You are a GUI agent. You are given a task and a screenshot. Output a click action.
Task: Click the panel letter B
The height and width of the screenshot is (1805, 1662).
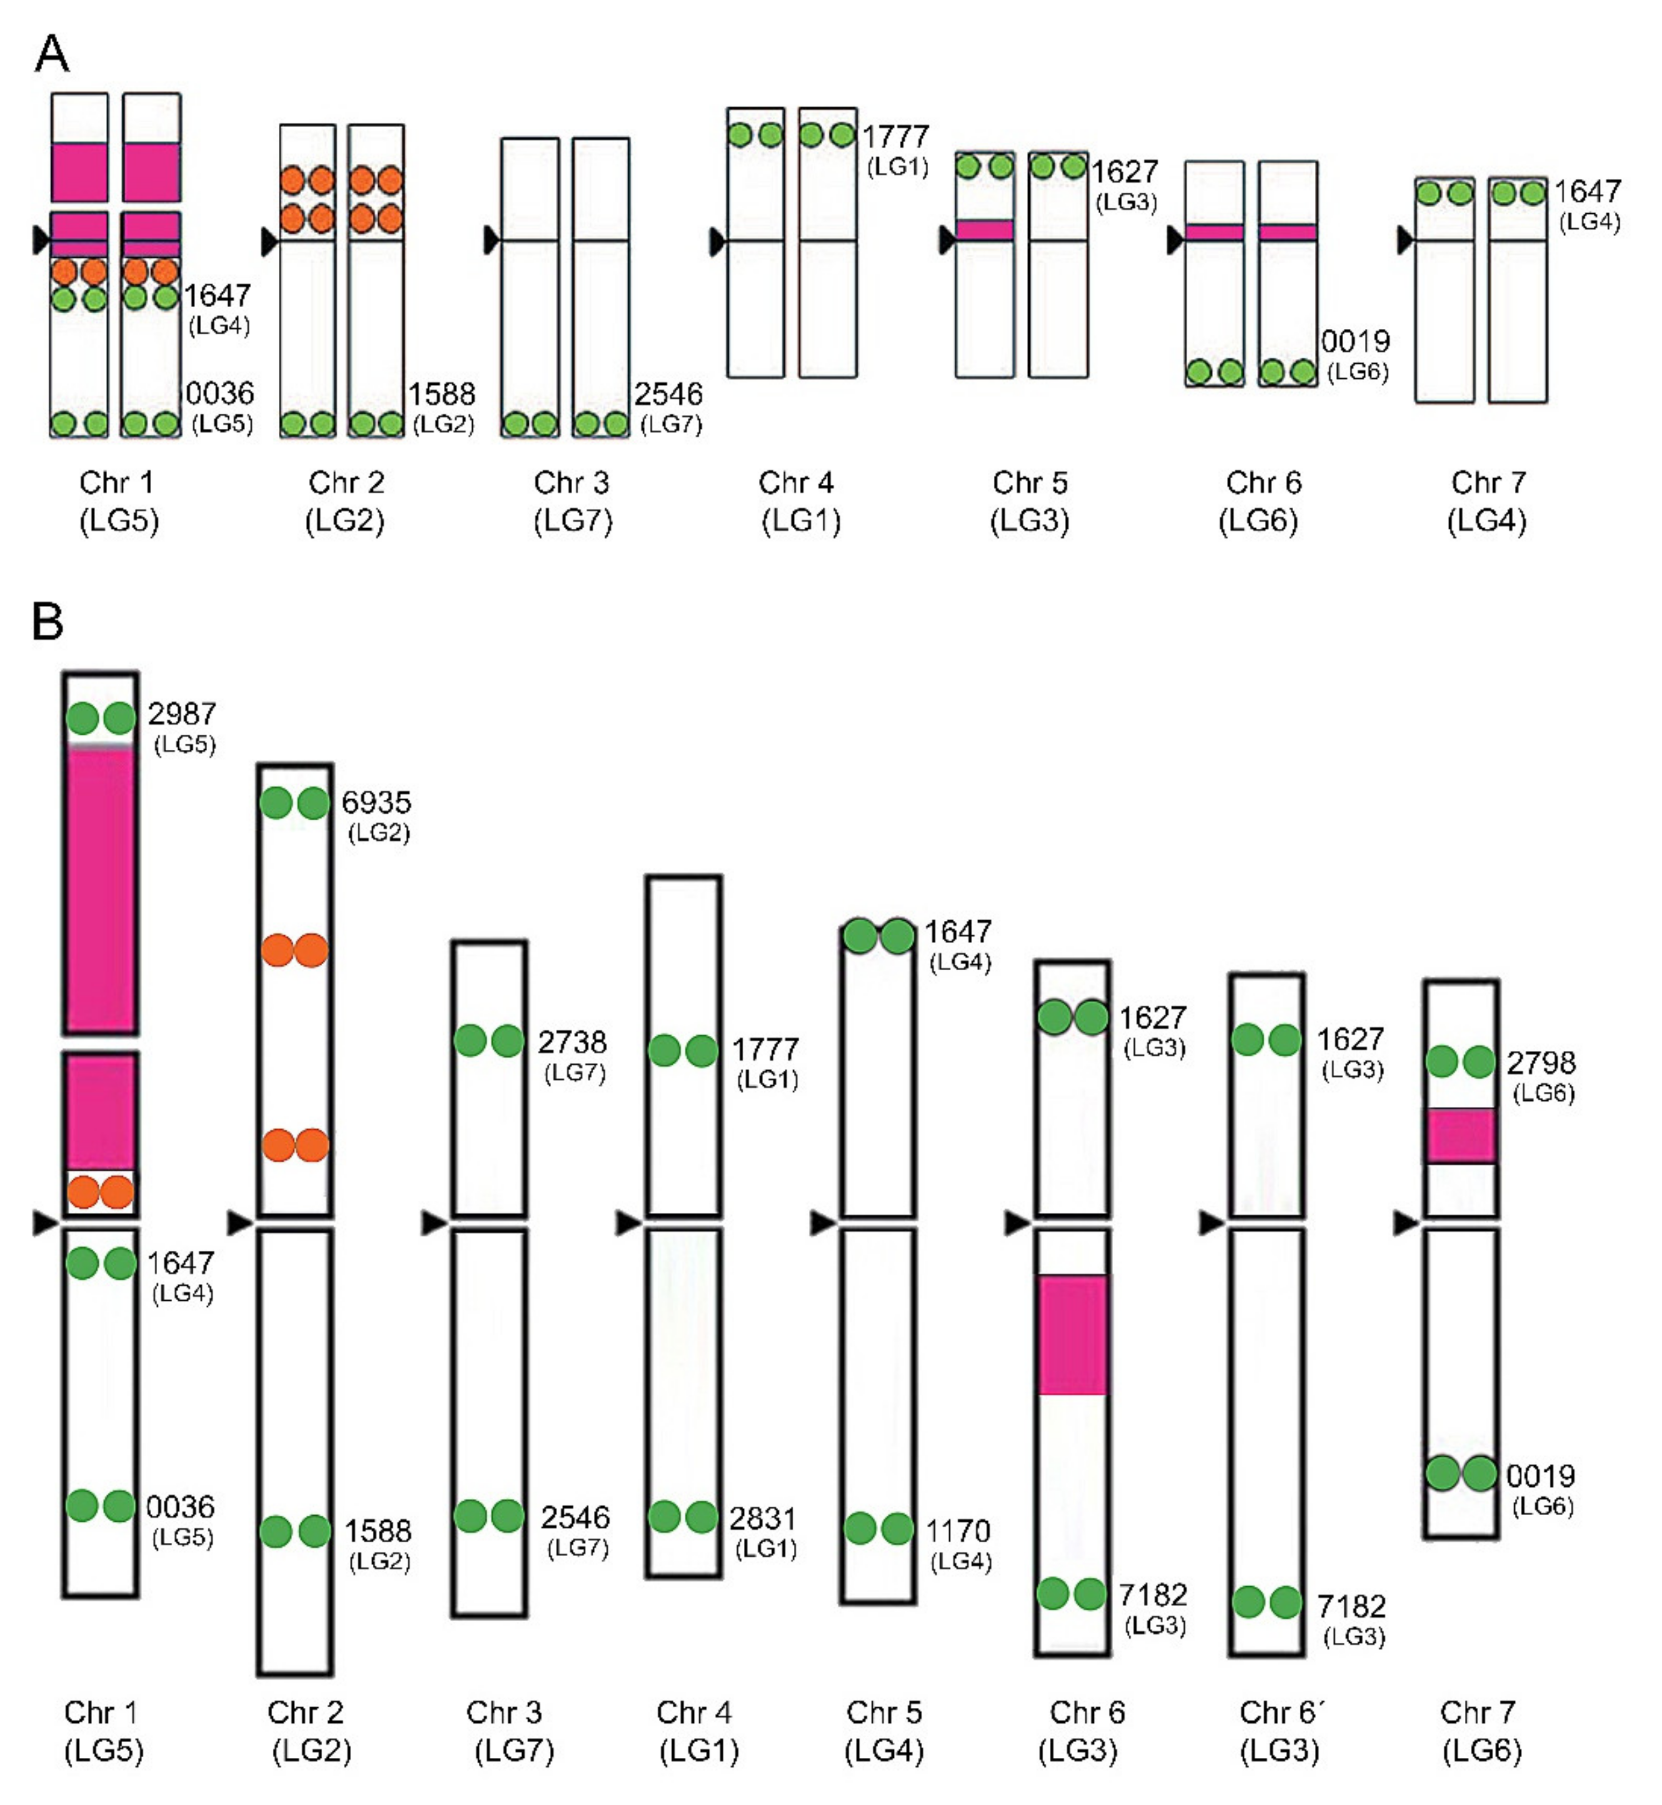pos(48,620)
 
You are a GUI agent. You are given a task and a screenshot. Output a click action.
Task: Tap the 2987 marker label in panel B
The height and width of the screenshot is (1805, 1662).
pos(182,714)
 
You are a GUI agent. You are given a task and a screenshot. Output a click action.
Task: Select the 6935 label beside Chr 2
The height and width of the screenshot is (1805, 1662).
pos(376,802)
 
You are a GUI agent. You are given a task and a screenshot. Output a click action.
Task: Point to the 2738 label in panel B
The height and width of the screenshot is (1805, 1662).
pos(572,1042)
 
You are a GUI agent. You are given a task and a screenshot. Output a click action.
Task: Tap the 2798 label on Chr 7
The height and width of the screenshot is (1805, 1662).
pos(1540,1063)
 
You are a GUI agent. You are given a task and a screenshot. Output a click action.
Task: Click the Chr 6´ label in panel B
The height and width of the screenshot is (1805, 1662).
pos(1278,1712)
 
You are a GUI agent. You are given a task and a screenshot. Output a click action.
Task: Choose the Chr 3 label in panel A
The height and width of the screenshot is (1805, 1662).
pos(572,483)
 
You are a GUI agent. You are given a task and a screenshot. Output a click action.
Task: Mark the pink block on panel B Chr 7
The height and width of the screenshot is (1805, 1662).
pos(1460,1135)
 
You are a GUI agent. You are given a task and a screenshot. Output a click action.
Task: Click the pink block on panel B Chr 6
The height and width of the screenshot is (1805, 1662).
pos(1072,1333)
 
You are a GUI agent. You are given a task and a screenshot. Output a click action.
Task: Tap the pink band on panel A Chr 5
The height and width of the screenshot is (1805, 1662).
pos(985,230)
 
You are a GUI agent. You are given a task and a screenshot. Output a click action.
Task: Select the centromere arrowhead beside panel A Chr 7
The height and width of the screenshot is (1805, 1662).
pos(1404,240)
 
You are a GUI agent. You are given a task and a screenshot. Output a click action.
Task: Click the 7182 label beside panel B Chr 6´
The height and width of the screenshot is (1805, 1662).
pos(1351,1606)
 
